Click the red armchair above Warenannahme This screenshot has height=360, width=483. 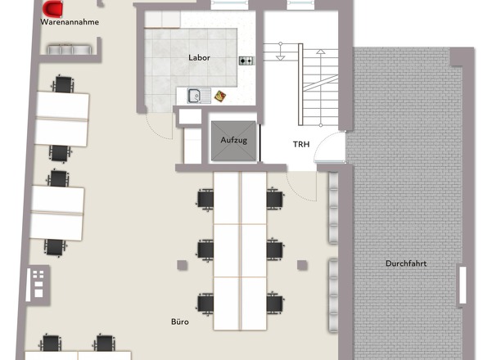(52, 8)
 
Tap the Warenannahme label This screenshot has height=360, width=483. (70, 22)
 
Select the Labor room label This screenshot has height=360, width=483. (199, 57)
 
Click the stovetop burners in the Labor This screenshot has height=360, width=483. (246, 61)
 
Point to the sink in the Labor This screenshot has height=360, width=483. (199, 96)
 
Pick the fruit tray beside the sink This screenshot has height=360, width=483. (220, 96)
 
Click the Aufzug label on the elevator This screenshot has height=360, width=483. (234, 140)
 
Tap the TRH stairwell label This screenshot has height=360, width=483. (301, 144)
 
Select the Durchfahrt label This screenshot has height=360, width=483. (406, 263)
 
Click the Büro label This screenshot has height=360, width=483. (180, 322)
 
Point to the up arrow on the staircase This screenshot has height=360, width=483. (321, 88)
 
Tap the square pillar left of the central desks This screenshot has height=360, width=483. (182, 265)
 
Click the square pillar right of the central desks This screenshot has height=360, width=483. (302, 265)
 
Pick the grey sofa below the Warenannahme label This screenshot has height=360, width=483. (70, 50)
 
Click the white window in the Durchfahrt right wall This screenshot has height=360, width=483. (463, 286)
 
